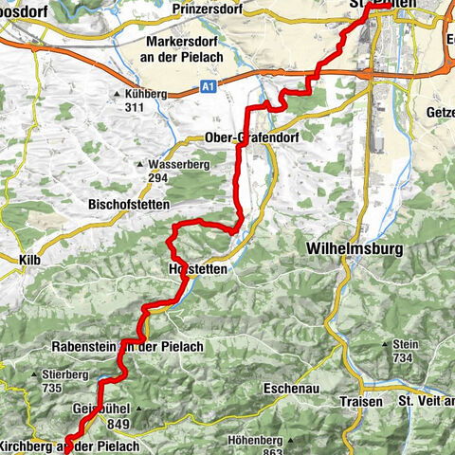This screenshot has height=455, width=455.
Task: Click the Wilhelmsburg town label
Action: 355,248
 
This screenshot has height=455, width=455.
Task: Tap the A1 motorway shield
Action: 208,85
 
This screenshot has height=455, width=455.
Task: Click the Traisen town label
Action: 360,401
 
